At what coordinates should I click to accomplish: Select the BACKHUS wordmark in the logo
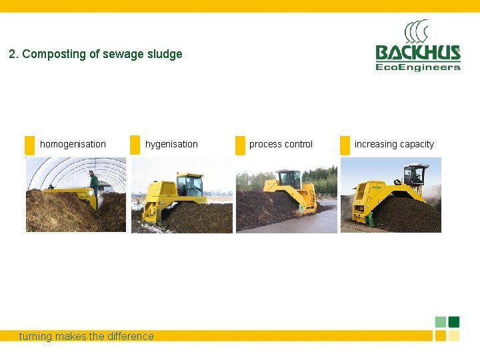coord(417,53)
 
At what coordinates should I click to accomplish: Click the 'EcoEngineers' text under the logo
coord(417,67)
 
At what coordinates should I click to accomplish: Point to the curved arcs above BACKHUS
coord(416,31)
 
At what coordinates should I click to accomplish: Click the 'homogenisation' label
coord(73,144)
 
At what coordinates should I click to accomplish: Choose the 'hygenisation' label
coord(171,144)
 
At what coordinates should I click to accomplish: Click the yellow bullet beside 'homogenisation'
coord(29,145)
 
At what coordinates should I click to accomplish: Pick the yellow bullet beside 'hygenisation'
coord(135,145)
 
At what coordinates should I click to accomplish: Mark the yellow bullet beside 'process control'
coord(240,145)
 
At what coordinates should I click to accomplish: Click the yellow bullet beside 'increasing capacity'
coord(345,145)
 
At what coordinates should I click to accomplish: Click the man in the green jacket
coord(94,183)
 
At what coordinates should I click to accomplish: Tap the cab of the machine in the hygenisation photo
coord(189,183)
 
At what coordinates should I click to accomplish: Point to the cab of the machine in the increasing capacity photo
coord(415,175)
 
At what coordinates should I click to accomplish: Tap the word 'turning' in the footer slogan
coord(35,337)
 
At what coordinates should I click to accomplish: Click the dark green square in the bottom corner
coord(454,322)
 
